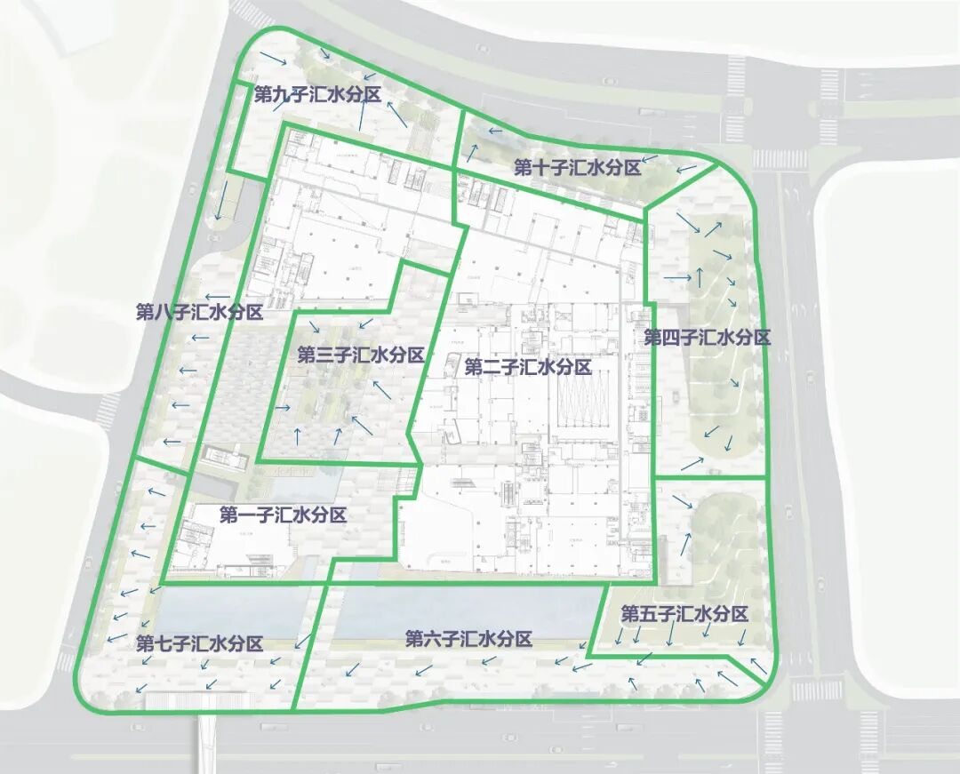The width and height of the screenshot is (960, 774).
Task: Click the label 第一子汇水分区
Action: pos(283,515)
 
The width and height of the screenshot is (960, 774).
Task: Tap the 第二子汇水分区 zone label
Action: pos(528,367)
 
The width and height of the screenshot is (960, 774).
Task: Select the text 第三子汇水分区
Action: pos(361,355)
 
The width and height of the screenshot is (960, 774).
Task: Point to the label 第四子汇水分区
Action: pos(707,338)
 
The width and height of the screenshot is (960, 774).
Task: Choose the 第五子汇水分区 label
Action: pos(684,614)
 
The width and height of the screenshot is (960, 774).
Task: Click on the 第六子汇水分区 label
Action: pos(468,639)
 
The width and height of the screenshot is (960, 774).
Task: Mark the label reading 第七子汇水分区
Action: pos(200,644)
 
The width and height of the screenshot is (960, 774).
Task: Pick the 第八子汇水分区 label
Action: pos(199,312)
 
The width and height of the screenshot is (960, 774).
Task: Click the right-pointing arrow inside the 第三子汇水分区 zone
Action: pos(283,408)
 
